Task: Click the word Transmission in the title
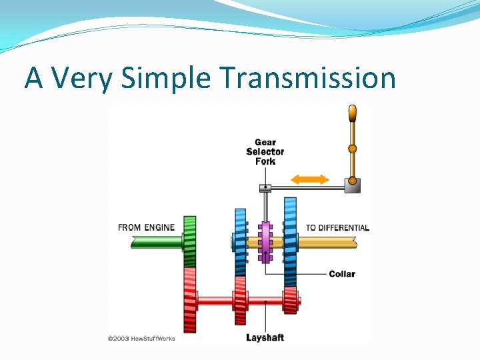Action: point(307,78)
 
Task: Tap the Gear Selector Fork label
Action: point(265,151)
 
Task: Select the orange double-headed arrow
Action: point(311,179)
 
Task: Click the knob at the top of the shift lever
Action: point(352,115)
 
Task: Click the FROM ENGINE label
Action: point(146,227)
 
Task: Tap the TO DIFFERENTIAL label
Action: point(337,227)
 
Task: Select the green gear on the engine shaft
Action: point(190,241)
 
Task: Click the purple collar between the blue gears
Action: point(265,242)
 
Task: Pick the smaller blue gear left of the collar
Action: point(240,241)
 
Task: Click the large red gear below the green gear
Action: point(190,300)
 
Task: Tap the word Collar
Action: point(342,274)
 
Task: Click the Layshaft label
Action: point(265,337)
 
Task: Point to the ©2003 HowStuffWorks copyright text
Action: point(141,339)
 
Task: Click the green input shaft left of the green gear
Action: point(157,242)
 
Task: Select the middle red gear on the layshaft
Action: point(240,301)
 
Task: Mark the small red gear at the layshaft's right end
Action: point(290,301)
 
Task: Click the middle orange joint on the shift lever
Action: point(352,149)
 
